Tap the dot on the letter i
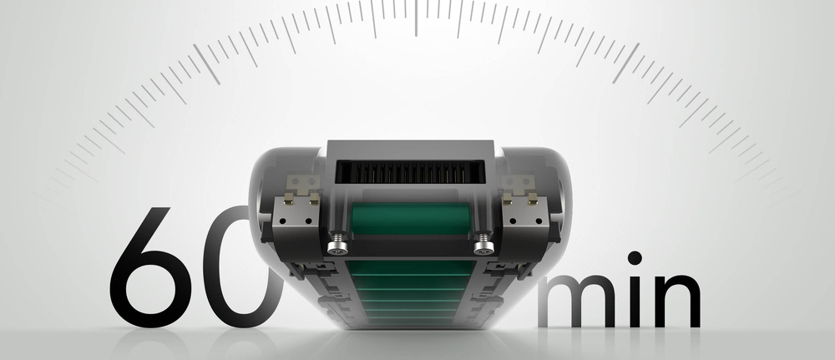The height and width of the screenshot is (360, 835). tap(635, 258)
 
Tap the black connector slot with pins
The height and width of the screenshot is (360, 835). tap(411, 172)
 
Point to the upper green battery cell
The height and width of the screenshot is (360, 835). tap(411, 219)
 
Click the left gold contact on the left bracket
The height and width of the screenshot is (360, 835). tap(289, 200)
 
